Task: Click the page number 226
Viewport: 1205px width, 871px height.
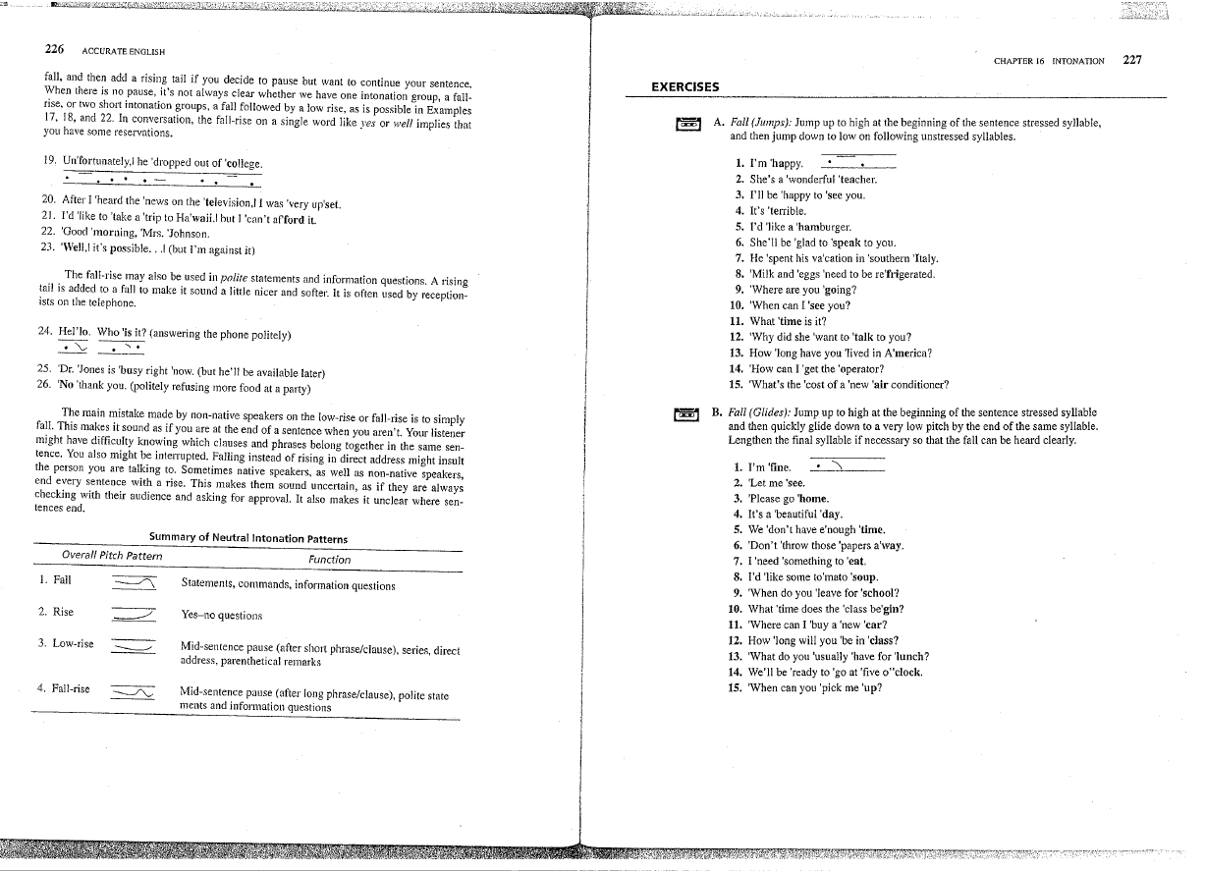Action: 55,48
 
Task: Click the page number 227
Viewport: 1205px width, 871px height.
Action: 1131,60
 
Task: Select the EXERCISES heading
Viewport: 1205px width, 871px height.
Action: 685,86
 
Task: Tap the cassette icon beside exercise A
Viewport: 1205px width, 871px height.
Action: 687,124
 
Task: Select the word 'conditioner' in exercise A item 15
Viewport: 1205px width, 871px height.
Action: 913,385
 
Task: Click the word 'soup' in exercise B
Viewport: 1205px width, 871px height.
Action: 861,577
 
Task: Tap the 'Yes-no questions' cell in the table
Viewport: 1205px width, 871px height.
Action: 222,616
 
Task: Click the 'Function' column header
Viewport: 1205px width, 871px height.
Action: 329,559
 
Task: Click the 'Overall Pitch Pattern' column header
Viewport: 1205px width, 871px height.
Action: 112,557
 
